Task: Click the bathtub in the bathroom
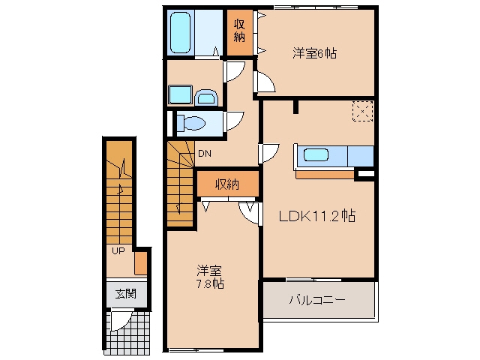[180, 32]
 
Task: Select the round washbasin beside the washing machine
[206, 98]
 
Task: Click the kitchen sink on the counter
[316, 154]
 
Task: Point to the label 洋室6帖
[314, 53]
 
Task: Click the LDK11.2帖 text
[317, 216]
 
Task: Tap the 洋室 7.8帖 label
[210, 277]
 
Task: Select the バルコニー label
[317, 299]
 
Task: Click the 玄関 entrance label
[126, 294]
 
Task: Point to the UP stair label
[118, 251]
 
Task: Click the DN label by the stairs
[205, 153]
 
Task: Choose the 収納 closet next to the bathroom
[240, 32]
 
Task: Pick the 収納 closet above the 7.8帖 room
[228, 184]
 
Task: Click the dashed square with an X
[363, 112]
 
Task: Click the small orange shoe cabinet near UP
[141, 263]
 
